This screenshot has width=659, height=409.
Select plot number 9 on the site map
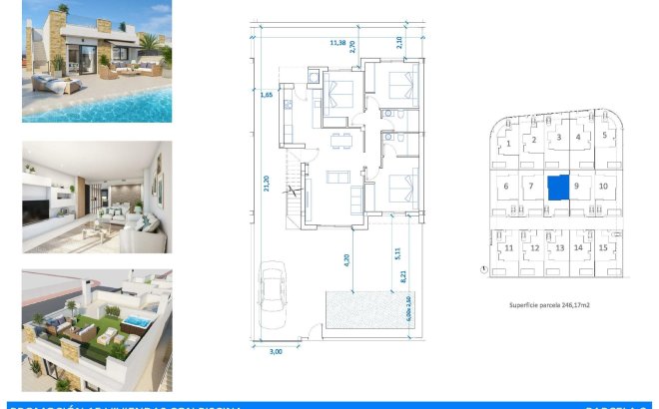pyautogui.click(x=577, y=186)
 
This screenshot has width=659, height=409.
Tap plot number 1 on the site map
pyautogui.click(x=509, y=145)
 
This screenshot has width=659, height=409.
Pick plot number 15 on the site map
pyautogui.click(x=602, y=247)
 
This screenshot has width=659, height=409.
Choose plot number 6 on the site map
pyautogui.click(x=506, y=186)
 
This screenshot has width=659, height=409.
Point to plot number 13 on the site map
pyautogui.click(x=559, y=247)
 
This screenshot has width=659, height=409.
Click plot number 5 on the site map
pyautogui.click(x=604, y=136)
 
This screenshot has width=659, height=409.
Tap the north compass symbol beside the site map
pyautogui.click(x=484, y=268)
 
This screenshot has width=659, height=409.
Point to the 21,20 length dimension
pyautogui.click(x=267, y=185)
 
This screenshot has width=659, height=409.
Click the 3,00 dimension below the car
pyautogui.click(x=278, y=351)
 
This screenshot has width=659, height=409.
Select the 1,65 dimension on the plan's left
pyautogui.click(x=267, y=95)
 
